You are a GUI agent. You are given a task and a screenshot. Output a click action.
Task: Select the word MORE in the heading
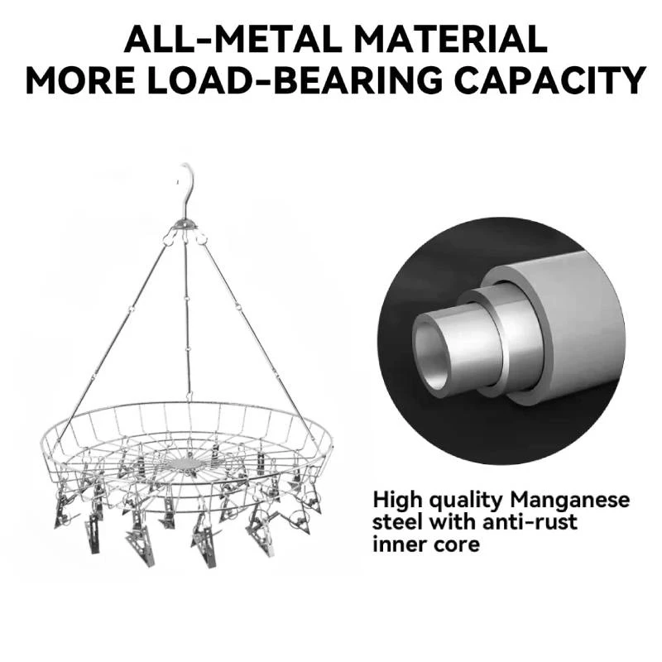click(x=81, y=79)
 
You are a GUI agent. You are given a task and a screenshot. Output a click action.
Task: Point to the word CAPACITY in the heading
click(x=550, y=79)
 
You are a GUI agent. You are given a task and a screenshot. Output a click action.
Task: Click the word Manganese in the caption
click(x=570, y=501)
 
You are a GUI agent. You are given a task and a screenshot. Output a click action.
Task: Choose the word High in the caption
click(x=397, y=501)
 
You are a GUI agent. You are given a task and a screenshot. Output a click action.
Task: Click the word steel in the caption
click(x=397, y=522)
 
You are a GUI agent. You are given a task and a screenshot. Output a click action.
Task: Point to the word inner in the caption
click(x=397, y=544)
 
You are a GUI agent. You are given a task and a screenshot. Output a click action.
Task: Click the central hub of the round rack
click(x=186, y=463)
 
